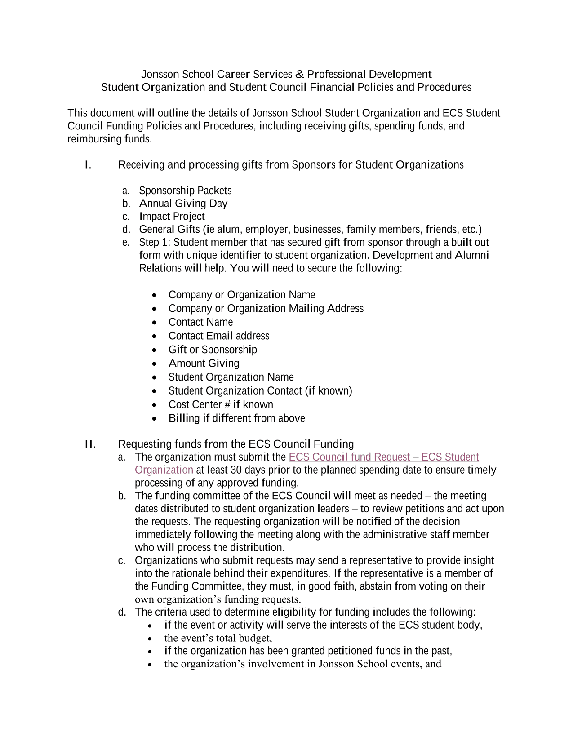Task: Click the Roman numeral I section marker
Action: [x=88, y=165]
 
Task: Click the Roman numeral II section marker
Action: [x=90, y=444]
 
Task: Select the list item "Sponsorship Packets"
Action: [x=185, y=191]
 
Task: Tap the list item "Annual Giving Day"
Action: [x=183, y=204]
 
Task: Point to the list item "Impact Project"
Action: [x=172, y=217]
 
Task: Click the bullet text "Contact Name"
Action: [x=200, y=322]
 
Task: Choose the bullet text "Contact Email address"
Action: [x=219, y=336]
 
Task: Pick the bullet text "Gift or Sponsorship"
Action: [x=213, y=350]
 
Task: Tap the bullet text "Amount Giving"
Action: [x=204, y=364]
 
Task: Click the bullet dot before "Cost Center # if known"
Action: [x=155, y=405]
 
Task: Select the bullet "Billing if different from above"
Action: [x=236, y=418]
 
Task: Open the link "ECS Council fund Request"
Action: [x=349, y=457]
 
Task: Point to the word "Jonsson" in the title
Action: [x=160, y=74]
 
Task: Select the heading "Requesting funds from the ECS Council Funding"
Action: [x=235, y=444]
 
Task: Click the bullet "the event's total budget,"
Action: [x=218, y=638]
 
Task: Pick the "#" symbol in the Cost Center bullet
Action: [x=227, y=405]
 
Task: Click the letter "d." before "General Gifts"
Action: [x=126, y=230]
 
